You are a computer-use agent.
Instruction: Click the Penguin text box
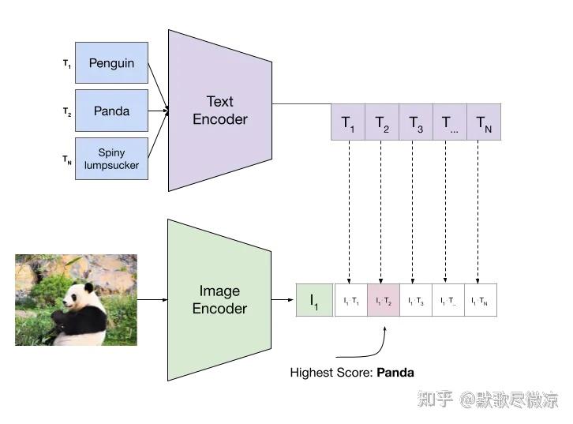pyautogui.click(x=111, y=63)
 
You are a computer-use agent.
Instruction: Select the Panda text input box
pyautogui.click(x=111, y=111)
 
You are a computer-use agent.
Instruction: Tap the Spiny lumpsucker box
pyautogui.click(x=111, y=158)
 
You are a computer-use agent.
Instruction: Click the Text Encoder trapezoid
pyautogui.click(x=220, y=111)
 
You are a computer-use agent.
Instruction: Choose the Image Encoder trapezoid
pyautogui.click(x=219, y=300)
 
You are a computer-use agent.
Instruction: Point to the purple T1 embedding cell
pyautogui.click(x=348, y=122)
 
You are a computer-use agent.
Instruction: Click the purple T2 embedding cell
pyautogui.click(x=382, y=122)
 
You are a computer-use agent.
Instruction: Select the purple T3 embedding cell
pyautogui.click(x=415, y=122)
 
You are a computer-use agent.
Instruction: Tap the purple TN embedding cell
pyautogui.click(x=483, y=122)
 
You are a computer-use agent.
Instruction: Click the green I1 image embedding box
pyautogui.click(x=314, y=300)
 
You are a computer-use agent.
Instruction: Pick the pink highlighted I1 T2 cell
pyautogui.click(x=383, y=300)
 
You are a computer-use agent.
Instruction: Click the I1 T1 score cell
pyautogui.click(x=350, y=300)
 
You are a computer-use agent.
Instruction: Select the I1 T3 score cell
pyautogui.click(x=415, y=300)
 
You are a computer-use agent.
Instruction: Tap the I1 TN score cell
pyautogui.click(x=480, y=300)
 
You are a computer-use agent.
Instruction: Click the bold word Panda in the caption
pyautogui.click(x=395, y=372)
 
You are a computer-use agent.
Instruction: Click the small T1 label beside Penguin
pyautogui.click(x=67, y=63)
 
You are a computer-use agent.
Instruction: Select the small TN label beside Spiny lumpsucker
pyautogui.click(x=67, y=159)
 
